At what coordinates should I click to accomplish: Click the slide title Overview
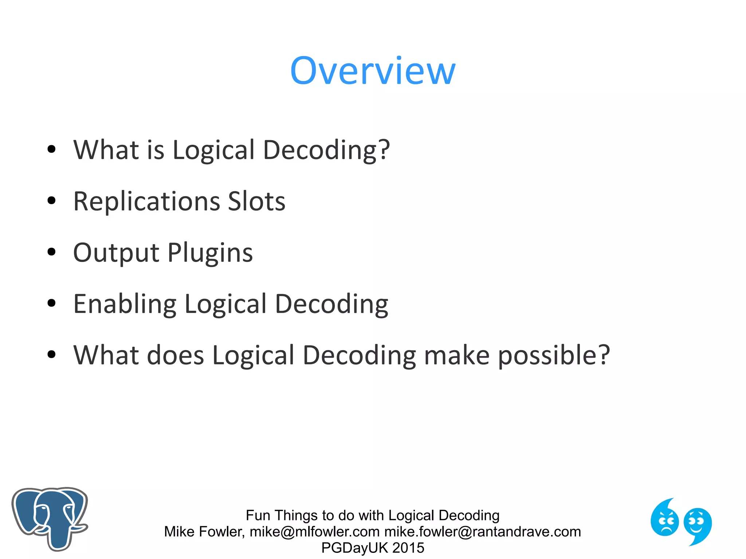click(x=373, y=71)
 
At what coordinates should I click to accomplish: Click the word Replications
click(x=146, y=201)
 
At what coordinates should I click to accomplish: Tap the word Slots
click(x=256, y=201)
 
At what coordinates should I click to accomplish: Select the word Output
click(x=116, y=253)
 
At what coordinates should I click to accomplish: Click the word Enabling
click(x=125, y=304)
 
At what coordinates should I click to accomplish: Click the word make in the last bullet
click(x=457, y=355)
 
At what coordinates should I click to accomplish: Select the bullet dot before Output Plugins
click(x=52, y=252)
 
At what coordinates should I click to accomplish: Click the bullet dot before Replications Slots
click(x=52, y=201)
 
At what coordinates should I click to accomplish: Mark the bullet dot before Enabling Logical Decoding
click(x=52, y=303)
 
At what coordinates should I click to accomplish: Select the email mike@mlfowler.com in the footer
click(x=315, y=532)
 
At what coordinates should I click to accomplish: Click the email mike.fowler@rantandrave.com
click(x=483, y=532)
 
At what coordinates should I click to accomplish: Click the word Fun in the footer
click(x=258, y=515)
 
